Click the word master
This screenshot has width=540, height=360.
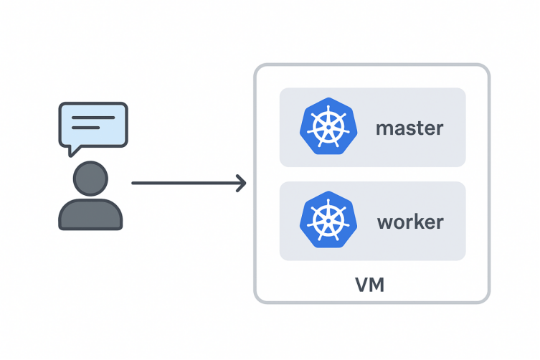point(409,128)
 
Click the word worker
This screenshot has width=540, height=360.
point(410,222)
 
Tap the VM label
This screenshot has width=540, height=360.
point(370,285)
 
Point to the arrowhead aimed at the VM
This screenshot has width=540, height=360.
point(241,183)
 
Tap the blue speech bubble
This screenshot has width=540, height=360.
point(93,123)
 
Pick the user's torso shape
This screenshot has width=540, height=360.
point(90,214)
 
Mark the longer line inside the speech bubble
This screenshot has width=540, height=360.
point(93,117)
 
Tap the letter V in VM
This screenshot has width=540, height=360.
point(362,285)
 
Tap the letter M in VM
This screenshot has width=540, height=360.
point(377,285)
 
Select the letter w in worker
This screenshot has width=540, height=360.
point(384,222)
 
